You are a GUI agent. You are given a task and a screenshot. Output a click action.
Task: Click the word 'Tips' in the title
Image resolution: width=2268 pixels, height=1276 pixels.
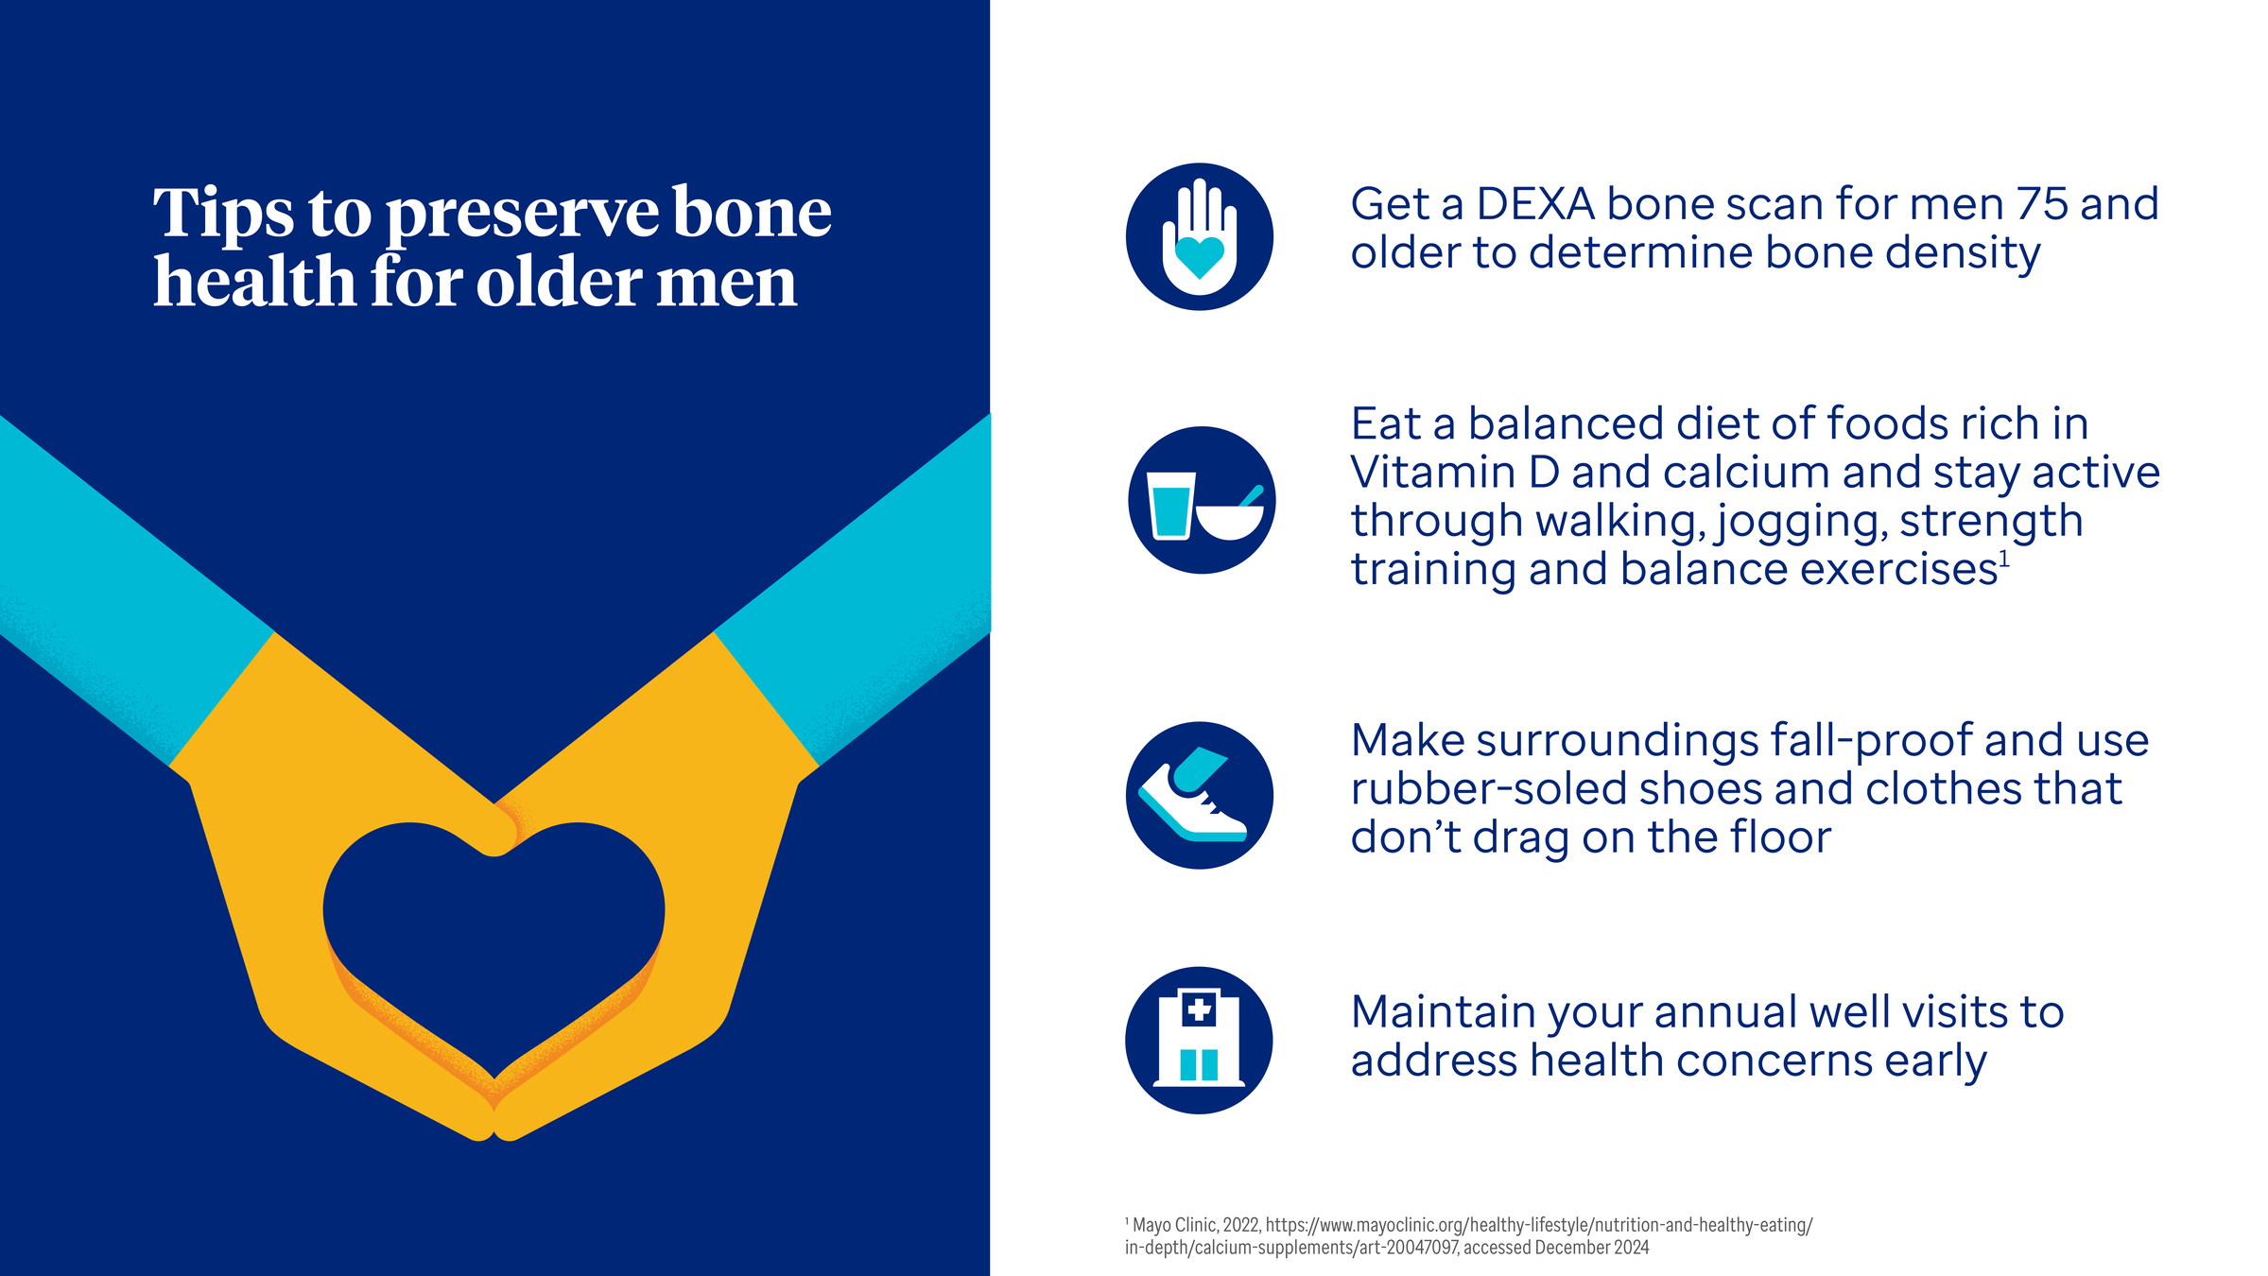223,214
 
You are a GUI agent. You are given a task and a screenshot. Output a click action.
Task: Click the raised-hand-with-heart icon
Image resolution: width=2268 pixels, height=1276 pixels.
1199,236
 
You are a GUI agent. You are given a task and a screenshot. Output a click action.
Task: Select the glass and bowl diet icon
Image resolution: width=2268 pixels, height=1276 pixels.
1202,500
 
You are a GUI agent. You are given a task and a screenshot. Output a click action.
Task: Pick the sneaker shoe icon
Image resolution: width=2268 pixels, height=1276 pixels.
1199,795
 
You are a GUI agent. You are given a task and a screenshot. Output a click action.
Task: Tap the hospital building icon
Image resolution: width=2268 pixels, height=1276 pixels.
1199,1040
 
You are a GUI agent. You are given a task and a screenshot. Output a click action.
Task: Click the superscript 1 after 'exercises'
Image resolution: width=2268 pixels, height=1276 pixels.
2004,560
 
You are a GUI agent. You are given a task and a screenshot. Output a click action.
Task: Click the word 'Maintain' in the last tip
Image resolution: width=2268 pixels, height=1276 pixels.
1443,1011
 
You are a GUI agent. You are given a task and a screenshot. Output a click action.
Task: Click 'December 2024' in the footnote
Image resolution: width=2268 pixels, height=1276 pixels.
1592,1248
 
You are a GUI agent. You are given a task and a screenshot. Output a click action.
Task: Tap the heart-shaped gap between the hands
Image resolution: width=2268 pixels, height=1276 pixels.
493,936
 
